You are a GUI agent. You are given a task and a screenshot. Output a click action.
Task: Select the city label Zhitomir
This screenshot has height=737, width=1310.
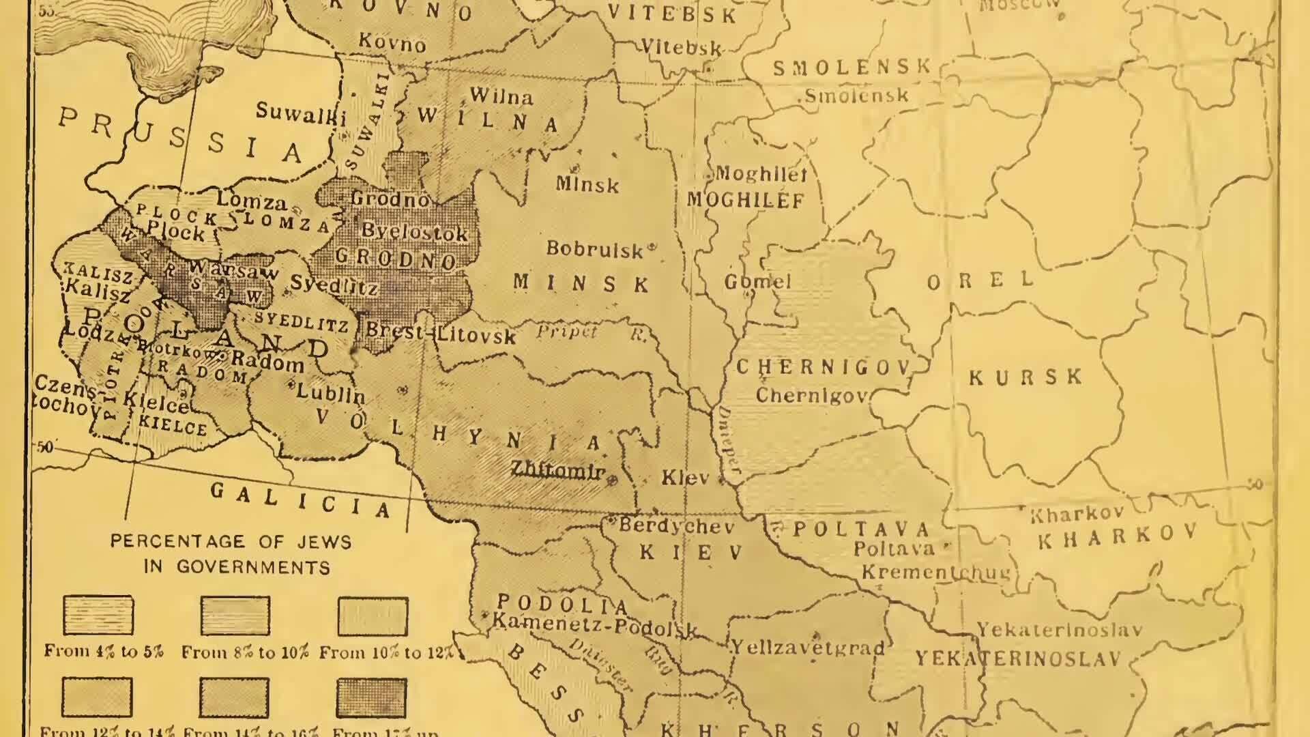click(558, 470)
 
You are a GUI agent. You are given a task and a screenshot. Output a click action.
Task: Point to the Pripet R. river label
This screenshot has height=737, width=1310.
click(591, 332)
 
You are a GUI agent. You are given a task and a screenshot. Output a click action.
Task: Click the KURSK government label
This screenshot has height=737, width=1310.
click(1025, 377)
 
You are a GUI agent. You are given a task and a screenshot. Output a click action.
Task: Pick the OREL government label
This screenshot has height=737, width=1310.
click(980, 280)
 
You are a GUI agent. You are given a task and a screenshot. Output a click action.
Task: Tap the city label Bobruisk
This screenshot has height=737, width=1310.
click(595, 250)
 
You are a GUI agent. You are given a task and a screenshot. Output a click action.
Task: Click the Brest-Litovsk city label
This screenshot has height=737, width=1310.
click(440, 333)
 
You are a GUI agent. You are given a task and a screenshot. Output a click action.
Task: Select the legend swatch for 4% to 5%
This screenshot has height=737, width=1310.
click(98, 615)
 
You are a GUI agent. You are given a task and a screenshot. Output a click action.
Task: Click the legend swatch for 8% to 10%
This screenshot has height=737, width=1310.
click(235, 615)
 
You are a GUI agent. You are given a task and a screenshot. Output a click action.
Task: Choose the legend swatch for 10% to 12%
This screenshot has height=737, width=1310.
click(373, 616)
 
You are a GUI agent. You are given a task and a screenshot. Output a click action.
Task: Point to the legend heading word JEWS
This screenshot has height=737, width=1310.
click(324, 542)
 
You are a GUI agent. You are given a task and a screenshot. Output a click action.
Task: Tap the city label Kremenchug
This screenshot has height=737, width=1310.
click(935, 572)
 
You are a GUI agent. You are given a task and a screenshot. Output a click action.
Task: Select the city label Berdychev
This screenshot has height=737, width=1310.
click(675, 526)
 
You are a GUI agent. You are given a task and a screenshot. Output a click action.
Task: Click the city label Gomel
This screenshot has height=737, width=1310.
click(757, 281)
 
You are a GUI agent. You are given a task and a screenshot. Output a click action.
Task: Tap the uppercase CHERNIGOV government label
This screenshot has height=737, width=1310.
click(824, 367)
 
